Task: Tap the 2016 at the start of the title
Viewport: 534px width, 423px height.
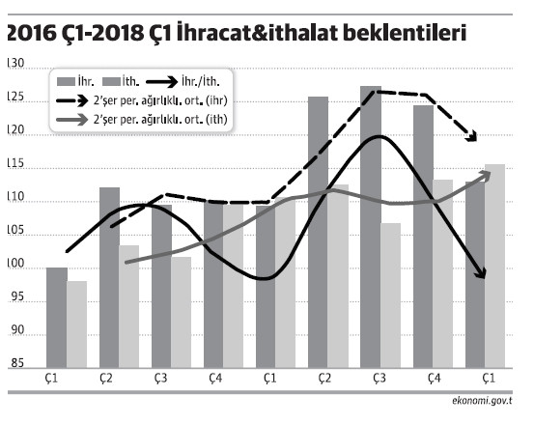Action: [x=27, y=35]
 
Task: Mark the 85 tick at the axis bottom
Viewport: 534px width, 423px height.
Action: [x=16, y=363]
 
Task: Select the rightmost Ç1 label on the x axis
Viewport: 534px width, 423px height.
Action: [x=489, y=379]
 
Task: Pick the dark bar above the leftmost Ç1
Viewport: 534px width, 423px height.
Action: [x=57, y=317]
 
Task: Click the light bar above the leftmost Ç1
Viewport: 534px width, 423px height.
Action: [x=77, y=324]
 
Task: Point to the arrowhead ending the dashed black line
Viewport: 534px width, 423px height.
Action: [x=473, y=137]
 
